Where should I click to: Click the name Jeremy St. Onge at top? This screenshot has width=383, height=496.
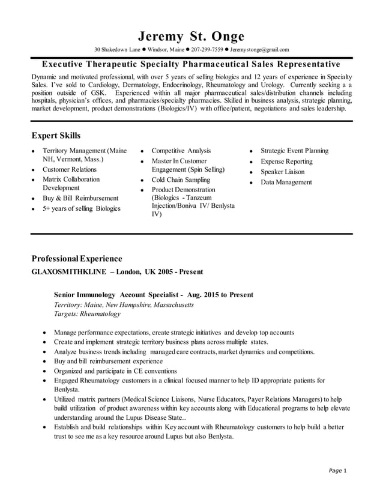pos(191,35)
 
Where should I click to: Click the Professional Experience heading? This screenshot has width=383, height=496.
pos(76,259)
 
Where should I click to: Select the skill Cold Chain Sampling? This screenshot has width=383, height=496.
pos(181,180)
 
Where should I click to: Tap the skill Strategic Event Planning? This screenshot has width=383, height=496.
pos(294,151)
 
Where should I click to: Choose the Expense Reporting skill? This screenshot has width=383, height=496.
pos(286,162)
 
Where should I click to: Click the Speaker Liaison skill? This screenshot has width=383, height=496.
pos(282,172)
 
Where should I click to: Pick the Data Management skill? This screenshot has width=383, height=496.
pos(286,182)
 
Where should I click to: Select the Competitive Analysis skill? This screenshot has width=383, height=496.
pos(181,151)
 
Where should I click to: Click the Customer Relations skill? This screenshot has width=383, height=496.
pos(69,169)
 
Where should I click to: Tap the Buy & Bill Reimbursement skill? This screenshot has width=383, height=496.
pos(80,198)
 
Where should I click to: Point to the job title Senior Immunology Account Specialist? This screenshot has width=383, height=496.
pos(116,295)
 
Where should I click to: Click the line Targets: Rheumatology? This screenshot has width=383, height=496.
pos(87,313)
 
